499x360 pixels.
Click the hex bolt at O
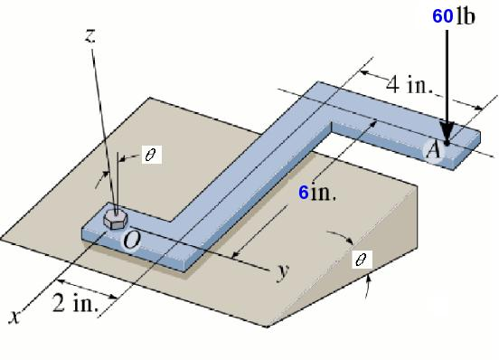click(115, 218)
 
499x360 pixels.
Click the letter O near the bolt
click(132, 240)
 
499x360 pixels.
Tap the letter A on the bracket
click(433, 151)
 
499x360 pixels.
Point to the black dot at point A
click(447, 142)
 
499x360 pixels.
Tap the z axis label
click(90, 35)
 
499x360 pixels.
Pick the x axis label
click(14, 317)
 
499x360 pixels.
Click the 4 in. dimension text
click(410, 86)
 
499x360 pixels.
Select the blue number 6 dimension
click(305, 193)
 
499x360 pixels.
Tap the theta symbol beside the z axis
click(150, 155)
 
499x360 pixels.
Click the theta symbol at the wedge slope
click(362, 260)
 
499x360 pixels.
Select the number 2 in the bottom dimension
click(58, 304)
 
